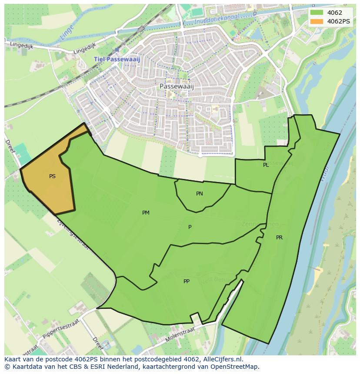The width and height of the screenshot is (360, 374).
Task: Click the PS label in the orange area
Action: [52, 176]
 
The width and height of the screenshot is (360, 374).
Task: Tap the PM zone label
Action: [146, 213]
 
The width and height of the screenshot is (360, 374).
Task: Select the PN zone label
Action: [199, 194]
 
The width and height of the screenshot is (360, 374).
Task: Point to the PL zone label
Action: [266, 165]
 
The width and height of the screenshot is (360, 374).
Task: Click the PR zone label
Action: [279, 238]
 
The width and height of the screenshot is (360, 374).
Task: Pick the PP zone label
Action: [186, 281]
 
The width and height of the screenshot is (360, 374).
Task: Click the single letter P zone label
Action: [190, 227]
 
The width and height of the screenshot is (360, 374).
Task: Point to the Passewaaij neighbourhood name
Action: [177, 86]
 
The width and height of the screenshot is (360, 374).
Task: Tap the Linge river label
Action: [67, 33]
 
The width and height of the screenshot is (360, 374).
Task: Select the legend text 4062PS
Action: [338, 21]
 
